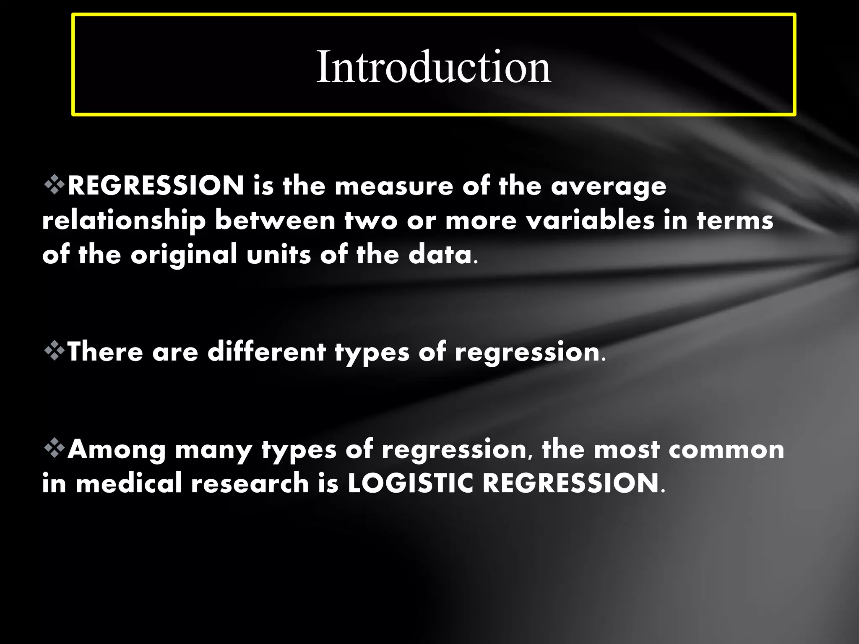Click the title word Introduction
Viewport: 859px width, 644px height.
click(x=433, y=67)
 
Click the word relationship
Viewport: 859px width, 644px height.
click(x=124, y=221)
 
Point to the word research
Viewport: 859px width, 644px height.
click(x=250, y=483)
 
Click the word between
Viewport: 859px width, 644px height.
click(x=275, y=221)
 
